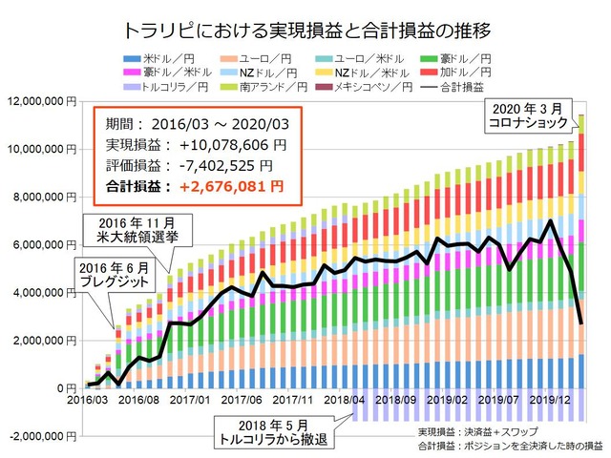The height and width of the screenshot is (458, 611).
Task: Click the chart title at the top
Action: coord(305,28)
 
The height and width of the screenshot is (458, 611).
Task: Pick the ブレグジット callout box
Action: coord(114,276)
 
